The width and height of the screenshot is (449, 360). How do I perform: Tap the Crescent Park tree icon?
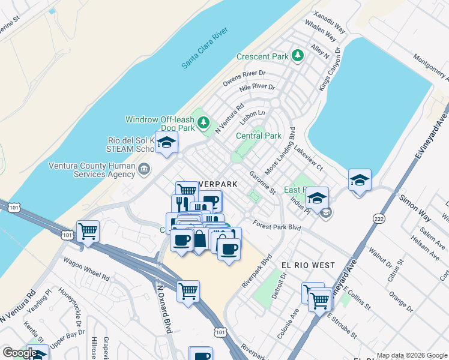click(297, 56)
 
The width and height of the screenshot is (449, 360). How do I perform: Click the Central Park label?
click(259, 136)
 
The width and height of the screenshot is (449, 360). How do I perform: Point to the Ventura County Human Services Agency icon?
click(143, 169)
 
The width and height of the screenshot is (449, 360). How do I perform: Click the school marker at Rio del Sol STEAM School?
click(167, 143)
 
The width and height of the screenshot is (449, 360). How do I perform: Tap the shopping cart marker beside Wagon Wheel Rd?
click(88, 230)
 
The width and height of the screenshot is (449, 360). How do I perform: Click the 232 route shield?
click(378, 220)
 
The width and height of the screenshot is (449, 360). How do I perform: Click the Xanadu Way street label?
click(330, 21)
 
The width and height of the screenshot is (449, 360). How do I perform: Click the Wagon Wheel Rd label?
click(89, 278)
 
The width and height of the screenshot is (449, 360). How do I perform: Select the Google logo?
click(19, 353)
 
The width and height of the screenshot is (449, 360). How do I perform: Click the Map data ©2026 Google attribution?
click(411, 355)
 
